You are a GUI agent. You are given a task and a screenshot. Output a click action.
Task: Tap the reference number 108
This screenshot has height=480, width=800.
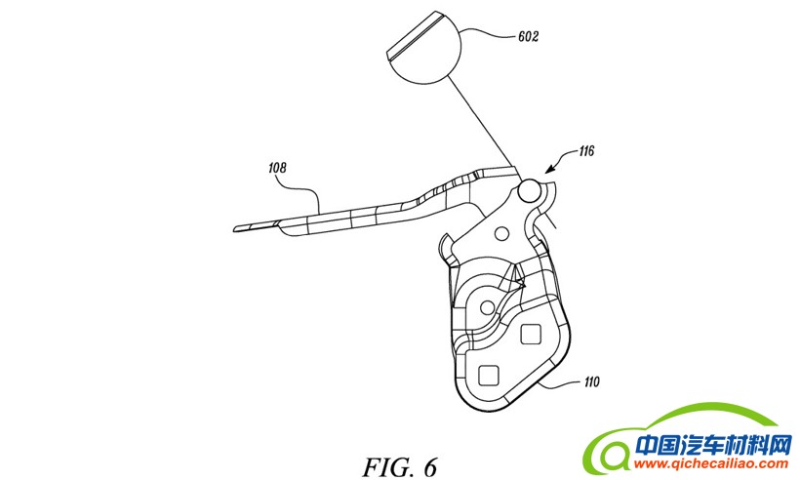click(x=278, y=167)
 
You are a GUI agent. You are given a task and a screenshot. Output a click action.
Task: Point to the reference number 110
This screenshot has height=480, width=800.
click(x=592, y=382)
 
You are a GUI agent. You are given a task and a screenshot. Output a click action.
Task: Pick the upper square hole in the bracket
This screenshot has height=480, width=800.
click(x=532, y=335)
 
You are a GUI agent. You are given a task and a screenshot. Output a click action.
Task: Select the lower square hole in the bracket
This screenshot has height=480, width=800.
click(x=490, y=374)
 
